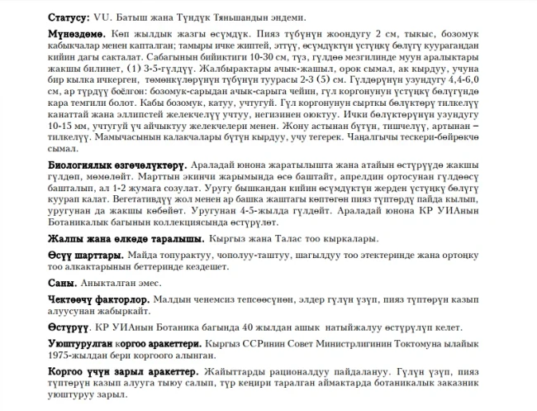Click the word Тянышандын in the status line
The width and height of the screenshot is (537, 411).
tap(245, 17)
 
